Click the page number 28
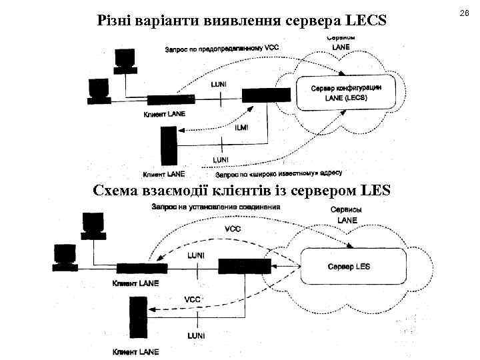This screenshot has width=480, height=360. [x=464, y=14]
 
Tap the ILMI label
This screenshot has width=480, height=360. [x=241, y=129]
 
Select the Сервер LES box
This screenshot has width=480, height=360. [x=353, y=267]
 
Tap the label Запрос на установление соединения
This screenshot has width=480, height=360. [x=216, y=207]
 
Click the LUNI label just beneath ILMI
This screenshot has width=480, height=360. [x=221, y=160]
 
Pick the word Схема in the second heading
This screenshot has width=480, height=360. [x=117, y=192]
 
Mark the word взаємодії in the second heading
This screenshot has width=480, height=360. [x=182, y=192]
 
